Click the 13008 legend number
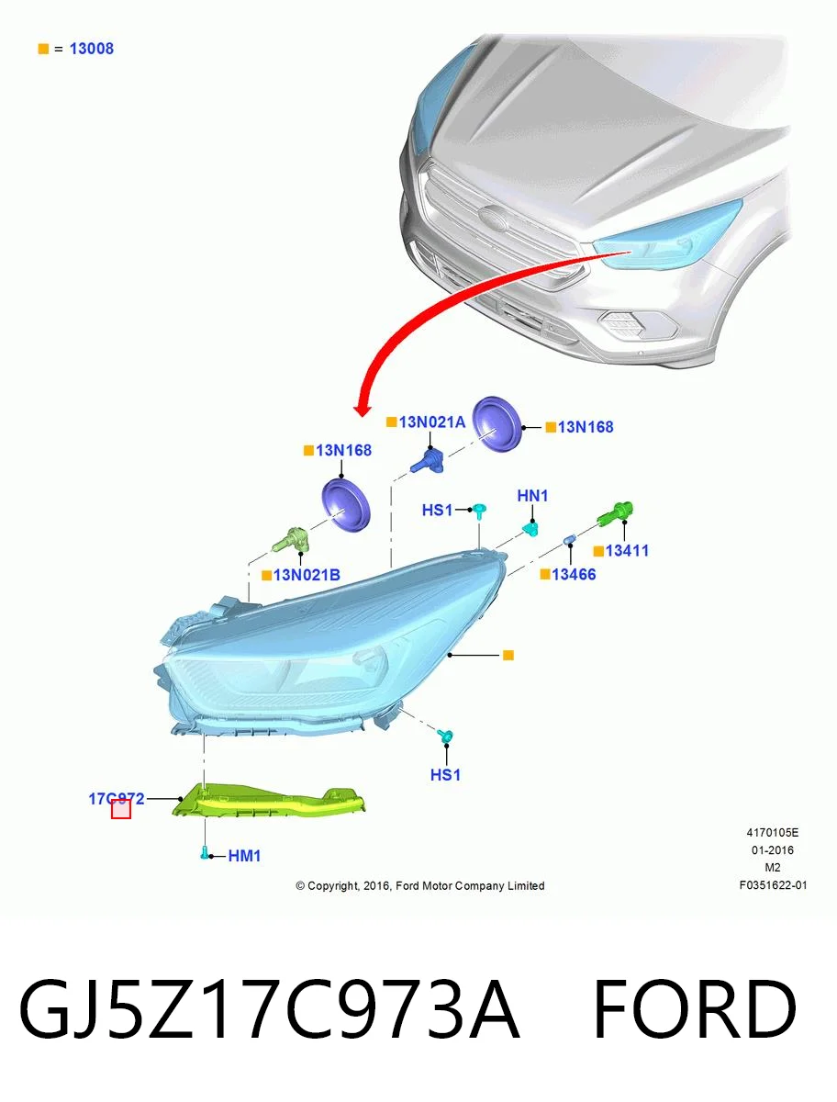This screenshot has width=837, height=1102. click(91, 49)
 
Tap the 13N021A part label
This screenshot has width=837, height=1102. click(431, 422)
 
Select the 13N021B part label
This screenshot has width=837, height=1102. click(307, 575)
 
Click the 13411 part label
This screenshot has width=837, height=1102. click(627, 551)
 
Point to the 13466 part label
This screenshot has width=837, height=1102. click(574, 574)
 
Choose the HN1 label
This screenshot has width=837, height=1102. click(532, 496)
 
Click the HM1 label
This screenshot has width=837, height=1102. click(244, 856)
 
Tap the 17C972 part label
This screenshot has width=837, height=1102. click(117, 798)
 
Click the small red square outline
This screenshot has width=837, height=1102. click(121, 809)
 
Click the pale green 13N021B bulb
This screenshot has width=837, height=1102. click(291, 540)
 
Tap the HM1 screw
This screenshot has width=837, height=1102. click(204, 852)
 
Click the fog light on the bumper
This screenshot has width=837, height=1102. click(623, 324)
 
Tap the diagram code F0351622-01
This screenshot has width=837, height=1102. click(773, 885)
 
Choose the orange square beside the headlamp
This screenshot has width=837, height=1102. click(508, 655)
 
